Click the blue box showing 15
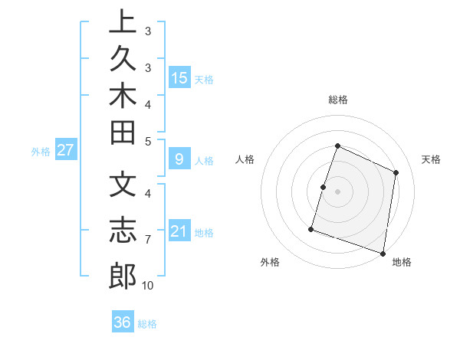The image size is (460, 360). [x=179, y=77]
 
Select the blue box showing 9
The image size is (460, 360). [x=179, y=159]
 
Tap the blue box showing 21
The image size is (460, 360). [x=179, y=231]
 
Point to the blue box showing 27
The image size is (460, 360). [x=66, y=150]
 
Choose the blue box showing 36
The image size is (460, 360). [x=123, y=322]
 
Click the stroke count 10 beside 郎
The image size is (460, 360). [x=148, y=286]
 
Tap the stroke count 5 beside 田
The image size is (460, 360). [x=147, y=141]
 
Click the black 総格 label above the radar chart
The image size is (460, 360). [x=338, y=100]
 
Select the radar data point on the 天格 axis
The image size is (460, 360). [x=396, y=172]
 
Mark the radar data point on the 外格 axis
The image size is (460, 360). [x=311, y=228]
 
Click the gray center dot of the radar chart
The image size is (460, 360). [x=337, y=191]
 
